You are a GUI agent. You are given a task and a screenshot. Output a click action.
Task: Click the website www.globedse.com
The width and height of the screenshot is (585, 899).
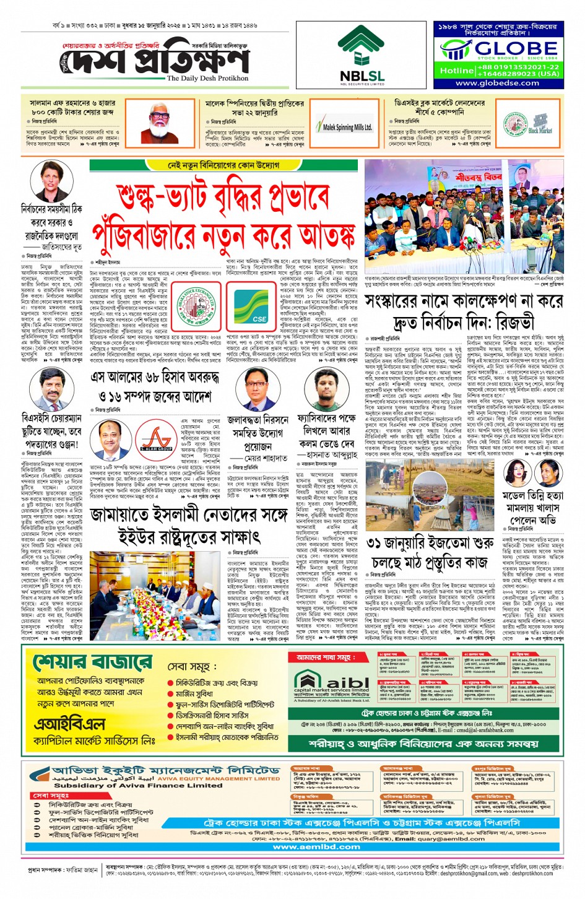coord(497,83)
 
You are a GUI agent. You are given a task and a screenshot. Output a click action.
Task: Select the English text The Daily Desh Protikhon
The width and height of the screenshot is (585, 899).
coord(207,79)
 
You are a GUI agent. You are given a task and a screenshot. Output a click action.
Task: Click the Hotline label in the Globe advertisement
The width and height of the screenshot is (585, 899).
coord(457,71)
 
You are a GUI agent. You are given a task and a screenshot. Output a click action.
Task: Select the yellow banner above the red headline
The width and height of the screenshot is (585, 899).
coord(223,165)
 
